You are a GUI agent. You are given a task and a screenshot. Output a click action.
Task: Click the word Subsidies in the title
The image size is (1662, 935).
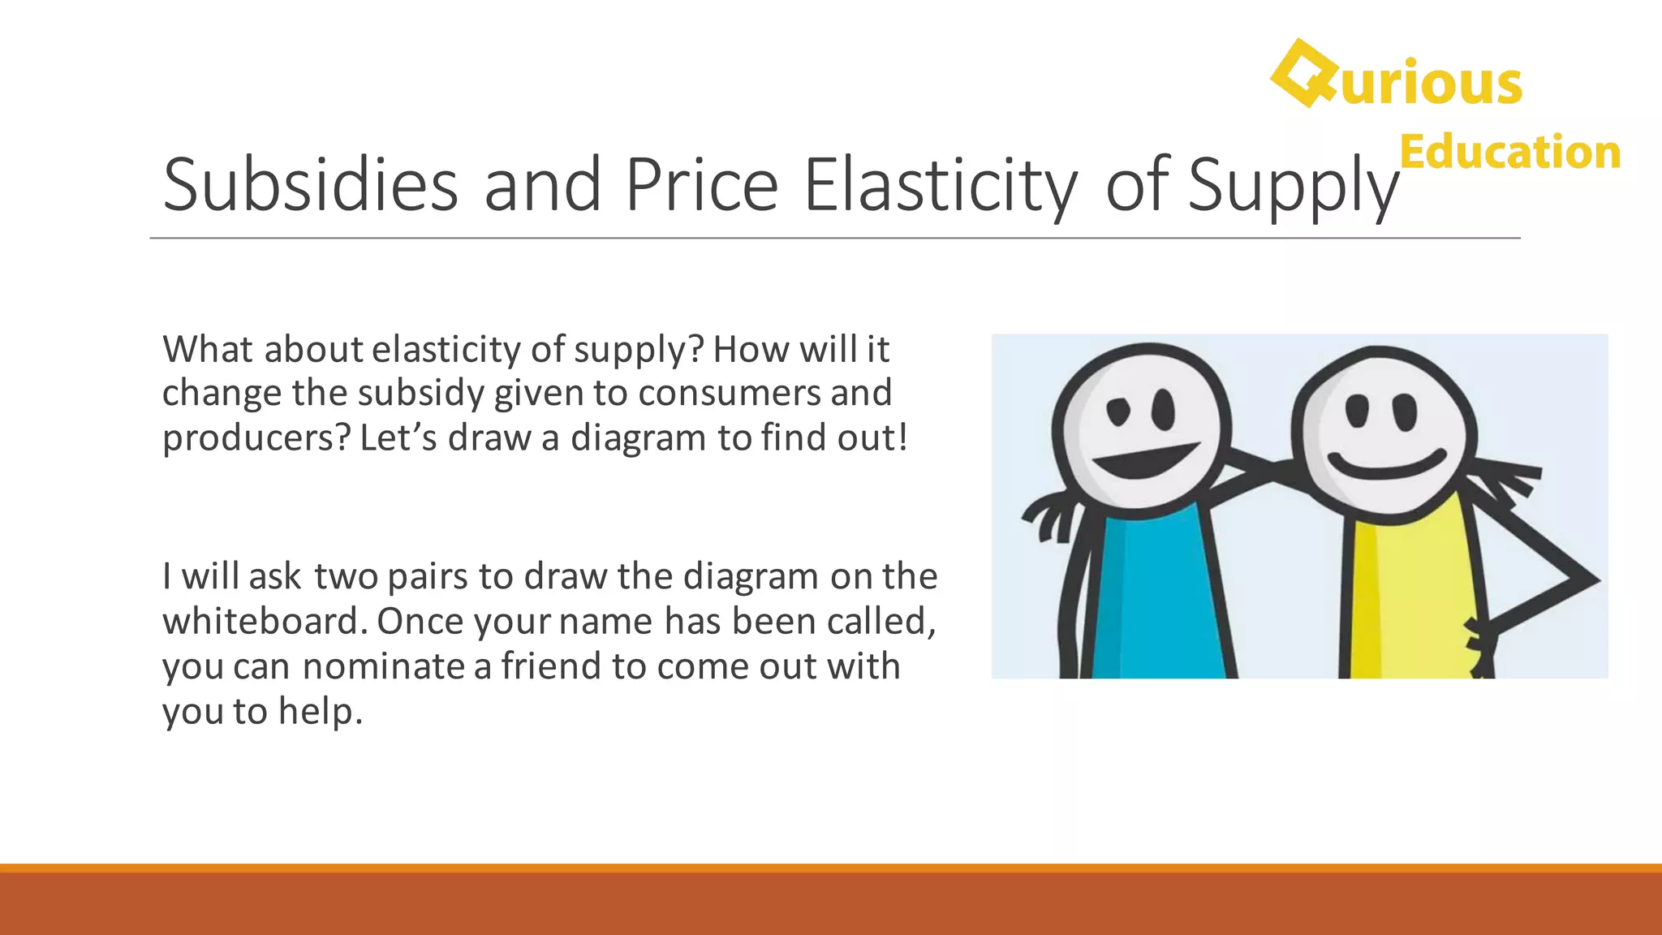(310, 185)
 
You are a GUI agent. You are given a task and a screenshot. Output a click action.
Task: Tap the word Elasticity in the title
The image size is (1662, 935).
(941, 185)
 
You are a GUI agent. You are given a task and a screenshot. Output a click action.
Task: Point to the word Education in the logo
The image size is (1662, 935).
(1510, 152)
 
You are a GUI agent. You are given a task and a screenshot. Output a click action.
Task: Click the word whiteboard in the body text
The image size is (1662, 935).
(260, 621)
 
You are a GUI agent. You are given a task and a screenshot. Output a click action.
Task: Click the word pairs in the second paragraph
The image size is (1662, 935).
(428, 577)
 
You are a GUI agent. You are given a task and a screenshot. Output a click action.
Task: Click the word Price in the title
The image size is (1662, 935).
(702, 185)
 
